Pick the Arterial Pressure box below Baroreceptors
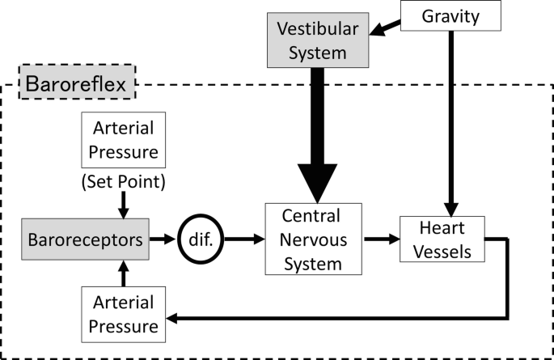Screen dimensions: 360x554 125,316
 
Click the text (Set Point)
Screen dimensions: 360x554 125,182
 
